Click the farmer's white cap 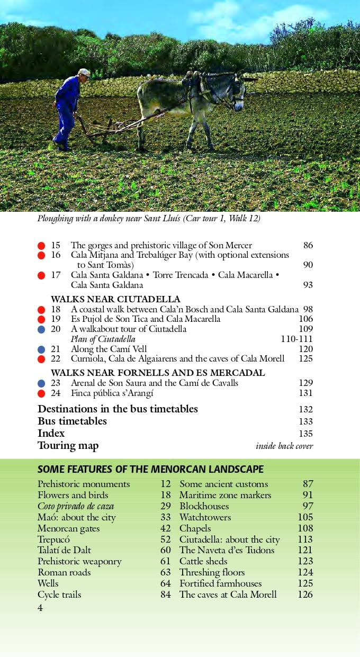click(84, 72)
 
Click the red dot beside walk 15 click(41, 246)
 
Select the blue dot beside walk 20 click(41, 329)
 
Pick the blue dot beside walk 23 click(41, 383)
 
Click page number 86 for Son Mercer click(308, 246)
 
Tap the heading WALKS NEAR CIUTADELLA click(115, 299)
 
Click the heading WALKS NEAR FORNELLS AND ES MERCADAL click(158, 373)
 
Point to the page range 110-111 click(296, 339)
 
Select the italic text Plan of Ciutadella click(103, 339)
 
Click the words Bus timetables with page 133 click(72, 421)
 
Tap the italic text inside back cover click(284, 446)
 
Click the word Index click(51, 434)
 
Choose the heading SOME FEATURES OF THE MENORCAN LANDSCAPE click(150, 470)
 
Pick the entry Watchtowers click(205, 517)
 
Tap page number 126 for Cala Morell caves click(305, 595)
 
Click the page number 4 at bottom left click(40, 608)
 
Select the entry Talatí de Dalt click(64, 550)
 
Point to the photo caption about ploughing click(149, 218)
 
